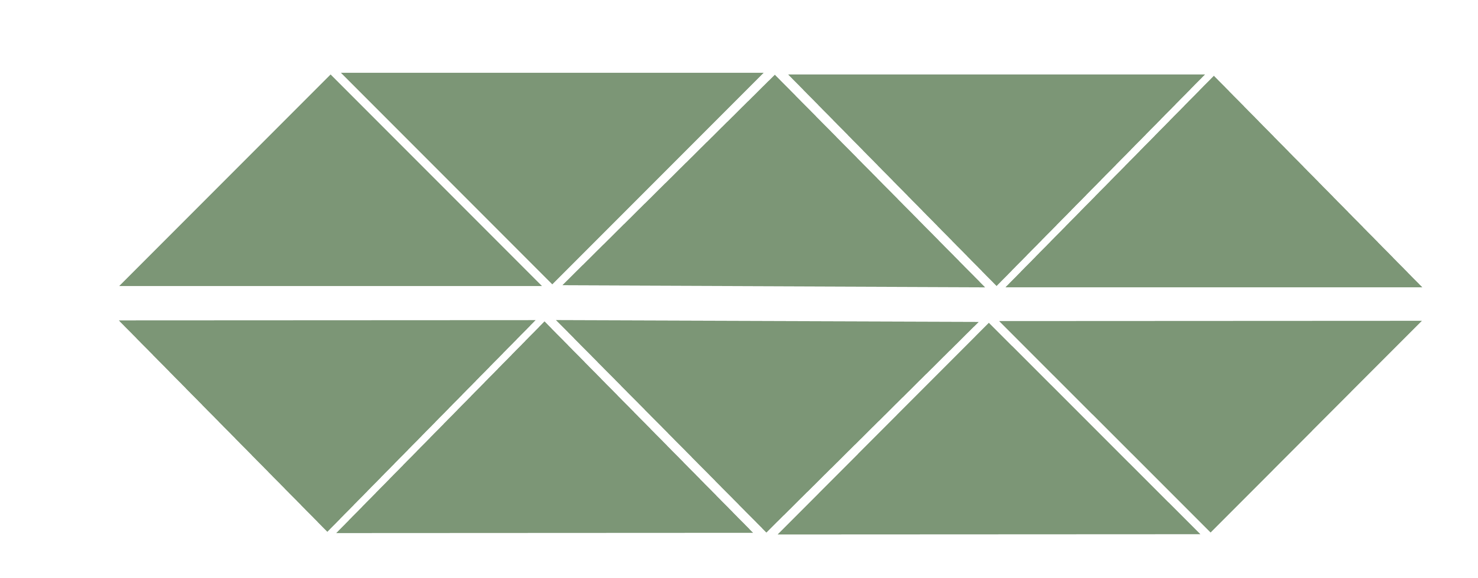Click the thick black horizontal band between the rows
point(769,303)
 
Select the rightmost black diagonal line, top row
point(1104,180)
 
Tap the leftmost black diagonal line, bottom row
point(436,426)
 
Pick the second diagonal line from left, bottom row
point(655,426)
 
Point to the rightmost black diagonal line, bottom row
point(1099,426)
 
